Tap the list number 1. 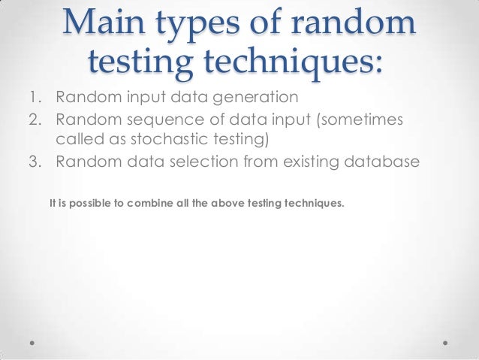pyautogui.click(x=35, y=98)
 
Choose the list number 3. pyautogui.click(x=35, y=162)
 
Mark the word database pyautogui.click(x=382, y=162)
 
